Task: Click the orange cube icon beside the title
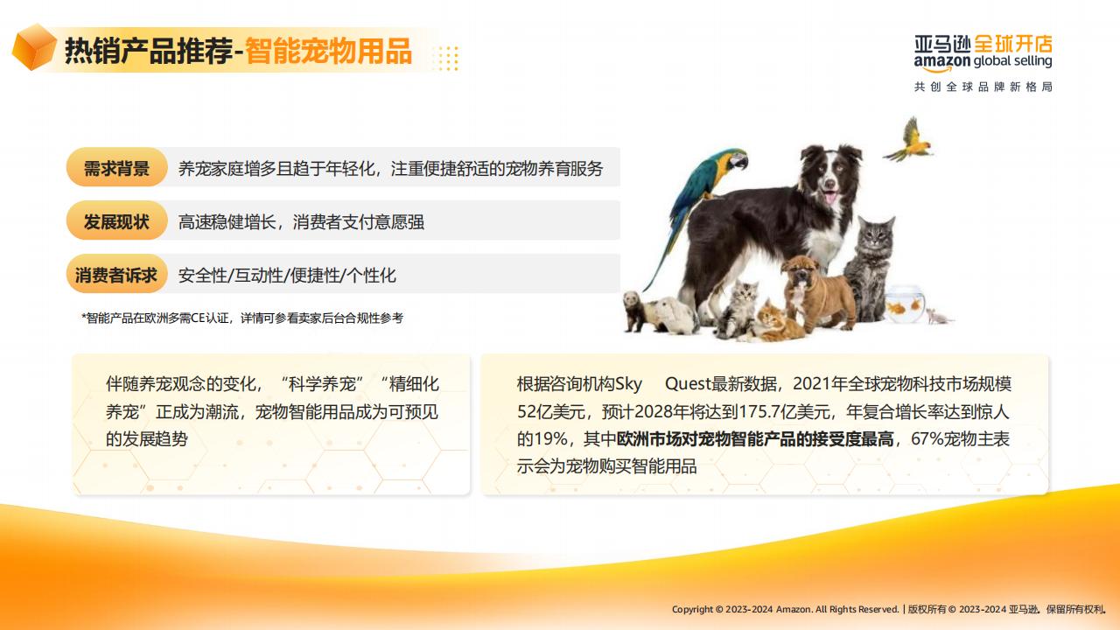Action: (x=34, y=47)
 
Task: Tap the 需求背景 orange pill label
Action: (x=116, y=167)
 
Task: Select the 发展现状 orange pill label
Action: (x=116, y=221)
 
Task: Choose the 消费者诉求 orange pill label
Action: (x=116, y=275)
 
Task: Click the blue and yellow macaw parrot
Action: (x=700, y=210)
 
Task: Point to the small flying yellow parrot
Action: (x=910, y=140)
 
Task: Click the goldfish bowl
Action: (x=905, y=304)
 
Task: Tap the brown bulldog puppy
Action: (x=817, y=292)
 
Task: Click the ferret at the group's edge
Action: (x=636, y=310)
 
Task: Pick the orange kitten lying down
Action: (x=775, y=324)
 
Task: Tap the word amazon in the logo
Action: (x=942, y=62)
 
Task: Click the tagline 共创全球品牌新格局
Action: (x=983, y=87)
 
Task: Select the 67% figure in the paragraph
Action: (x=927, y=439)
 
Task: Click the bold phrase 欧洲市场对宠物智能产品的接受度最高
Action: (x=755, y=439)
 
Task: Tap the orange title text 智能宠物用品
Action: (x=328, y=51)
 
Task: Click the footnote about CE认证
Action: (x=242, y=318)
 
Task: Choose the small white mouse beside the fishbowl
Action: (x=939, y=316)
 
